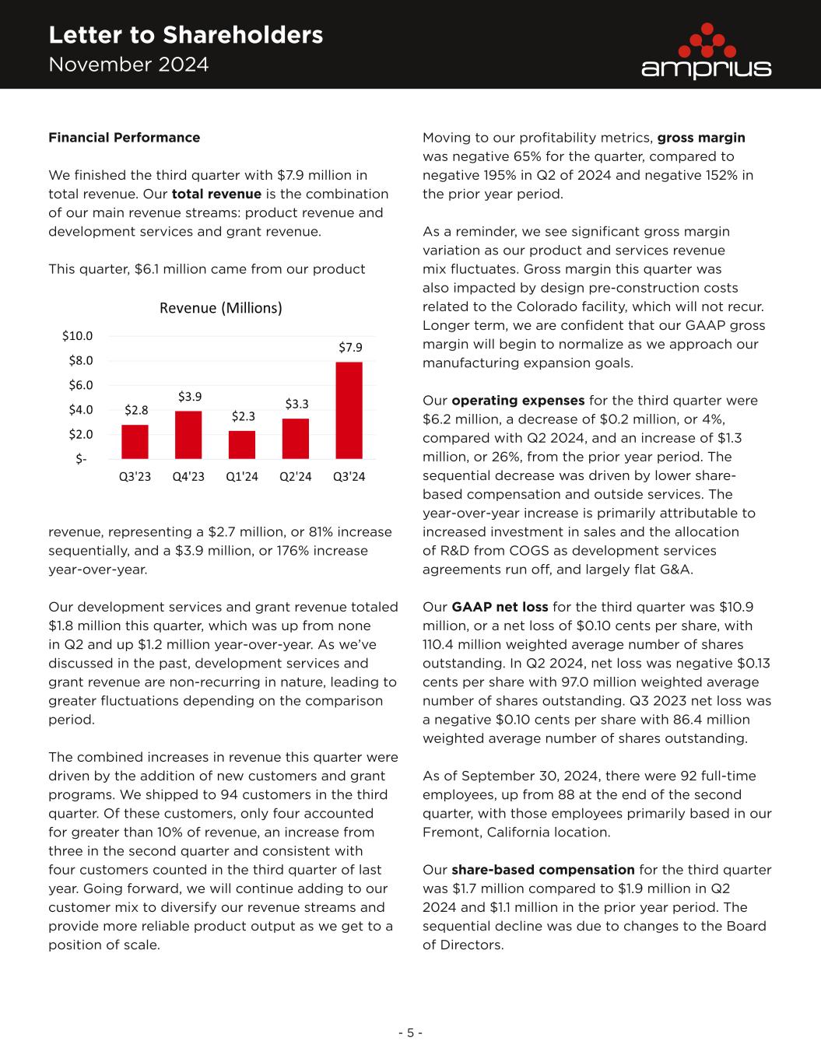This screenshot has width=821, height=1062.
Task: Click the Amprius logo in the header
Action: click(x=706, y=51)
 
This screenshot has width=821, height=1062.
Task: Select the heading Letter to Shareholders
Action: click(x=185, y=35)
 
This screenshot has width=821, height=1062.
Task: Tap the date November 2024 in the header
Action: click(x=128, y=65)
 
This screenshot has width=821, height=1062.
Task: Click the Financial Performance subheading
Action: click(x=124, y=138)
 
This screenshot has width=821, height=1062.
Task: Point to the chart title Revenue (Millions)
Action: click(x=220, y=308)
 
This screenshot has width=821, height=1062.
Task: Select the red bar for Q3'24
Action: click(x=349, y=410)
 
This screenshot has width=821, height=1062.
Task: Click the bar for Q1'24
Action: click(x=242, y=444)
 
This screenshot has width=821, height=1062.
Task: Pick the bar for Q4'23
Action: click(x=188, y=434)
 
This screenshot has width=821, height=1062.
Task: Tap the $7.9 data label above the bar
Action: click(x=349, y=348)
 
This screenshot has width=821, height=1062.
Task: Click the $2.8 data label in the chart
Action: click(x=135, y=409)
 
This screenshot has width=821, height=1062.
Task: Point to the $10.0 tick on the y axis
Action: click(x=77, y=336)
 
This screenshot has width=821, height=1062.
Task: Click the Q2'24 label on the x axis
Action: click(x=295, y=477)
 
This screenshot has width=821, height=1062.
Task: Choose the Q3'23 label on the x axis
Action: click(x=135, y=477)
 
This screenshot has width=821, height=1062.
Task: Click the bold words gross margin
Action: click(x=701, y=138)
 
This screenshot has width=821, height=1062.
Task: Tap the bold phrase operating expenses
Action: click(x=518, y=401)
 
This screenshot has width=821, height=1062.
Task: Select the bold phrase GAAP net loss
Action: click(x=500, y=607)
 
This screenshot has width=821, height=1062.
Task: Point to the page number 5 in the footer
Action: click(x=410, y=1033)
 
